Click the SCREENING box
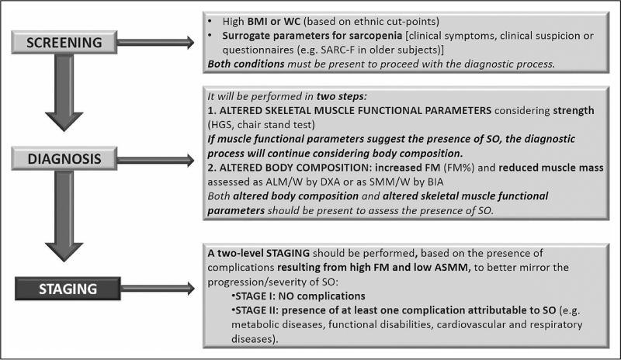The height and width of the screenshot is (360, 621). [x=64, y=43]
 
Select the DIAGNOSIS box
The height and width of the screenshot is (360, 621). [x=64, y=159]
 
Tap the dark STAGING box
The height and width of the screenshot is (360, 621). [x=68, y=289]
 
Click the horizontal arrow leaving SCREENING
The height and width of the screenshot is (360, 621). [x=156, y=43]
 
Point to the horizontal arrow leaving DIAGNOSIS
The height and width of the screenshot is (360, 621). [x=156, y=160]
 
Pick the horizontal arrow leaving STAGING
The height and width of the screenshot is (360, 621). [x=158, y=289]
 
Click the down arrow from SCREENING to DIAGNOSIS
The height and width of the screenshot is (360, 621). [x=64, y=92]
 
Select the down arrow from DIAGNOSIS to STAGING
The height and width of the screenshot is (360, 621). [x=64, y=216]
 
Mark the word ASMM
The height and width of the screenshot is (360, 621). [x=456, y=268]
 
